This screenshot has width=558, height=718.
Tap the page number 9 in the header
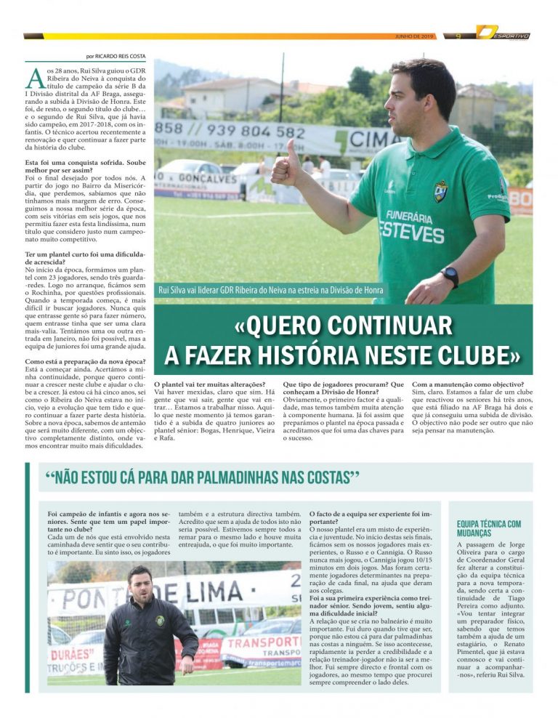point(458,36)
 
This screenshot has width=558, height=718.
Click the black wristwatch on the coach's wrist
point(450,276)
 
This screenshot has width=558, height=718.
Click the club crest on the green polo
point(440,190)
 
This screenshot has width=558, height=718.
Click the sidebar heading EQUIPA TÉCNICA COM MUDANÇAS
point(488,528)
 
